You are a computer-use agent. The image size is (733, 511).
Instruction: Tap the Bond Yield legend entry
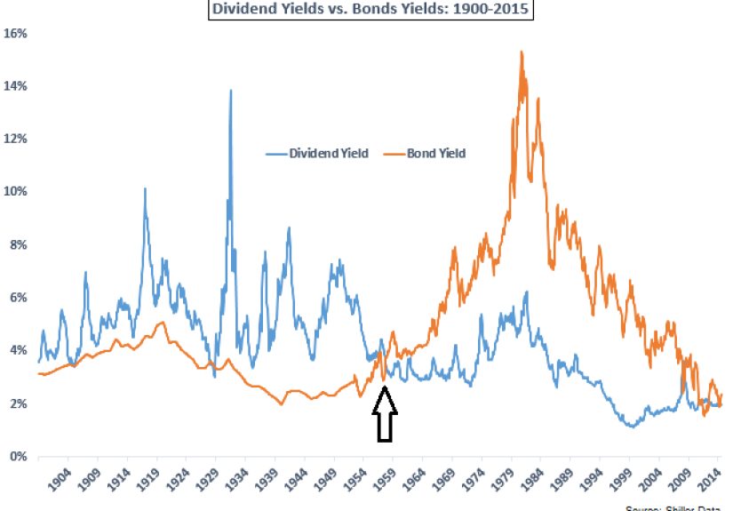[436, 153]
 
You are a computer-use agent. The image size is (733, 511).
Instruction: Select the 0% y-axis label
[20, 457]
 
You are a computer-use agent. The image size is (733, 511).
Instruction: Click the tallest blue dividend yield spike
[231, 90]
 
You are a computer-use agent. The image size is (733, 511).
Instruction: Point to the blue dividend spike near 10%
[145, 188]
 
